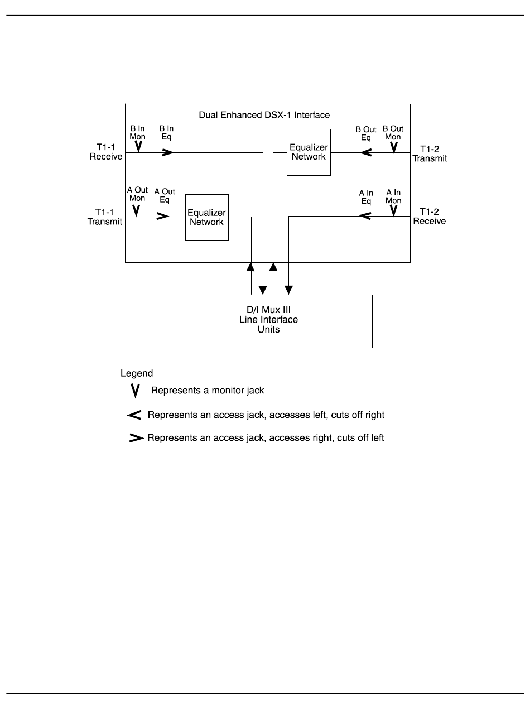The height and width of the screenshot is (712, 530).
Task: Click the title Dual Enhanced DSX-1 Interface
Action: [x=264, y=116]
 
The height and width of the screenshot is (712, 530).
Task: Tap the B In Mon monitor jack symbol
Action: [x=138, y=146]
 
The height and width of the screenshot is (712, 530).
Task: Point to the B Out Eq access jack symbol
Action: [x=366, y=152]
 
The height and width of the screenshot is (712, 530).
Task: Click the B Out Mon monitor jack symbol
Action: [x=393, y=147]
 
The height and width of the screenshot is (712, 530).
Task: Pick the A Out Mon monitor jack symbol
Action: [x=136, y=210]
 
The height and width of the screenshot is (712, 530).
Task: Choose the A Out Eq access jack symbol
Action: [x=163, y=216]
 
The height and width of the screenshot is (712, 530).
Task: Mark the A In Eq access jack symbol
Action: [x=365, y=216]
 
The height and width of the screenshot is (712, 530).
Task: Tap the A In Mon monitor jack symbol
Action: [x=393, y=210]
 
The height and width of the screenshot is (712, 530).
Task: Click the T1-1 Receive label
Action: [x=106, y=152]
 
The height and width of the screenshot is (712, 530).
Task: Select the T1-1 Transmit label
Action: [x=104, y=217]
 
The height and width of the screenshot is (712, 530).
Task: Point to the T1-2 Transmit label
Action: [x=430, y=154]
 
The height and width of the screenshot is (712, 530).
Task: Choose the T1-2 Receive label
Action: [x=430, y=217]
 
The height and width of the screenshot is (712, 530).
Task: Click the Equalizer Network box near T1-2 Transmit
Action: [x=309, y=152]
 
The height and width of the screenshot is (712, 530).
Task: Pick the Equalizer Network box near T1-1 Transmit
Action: [x=206, y=218]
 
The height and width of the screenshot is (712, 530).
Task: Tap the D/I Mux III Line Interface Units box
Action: [x=269, y=321]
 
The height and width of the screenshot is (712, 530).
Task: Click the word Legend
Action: [x=137, y=373]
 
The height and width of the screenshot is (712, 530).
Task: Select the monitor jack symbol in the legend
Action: [x=134, y=391]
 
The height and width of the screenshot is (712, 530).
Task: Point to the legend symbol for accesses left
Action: [x=134, y=415]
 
